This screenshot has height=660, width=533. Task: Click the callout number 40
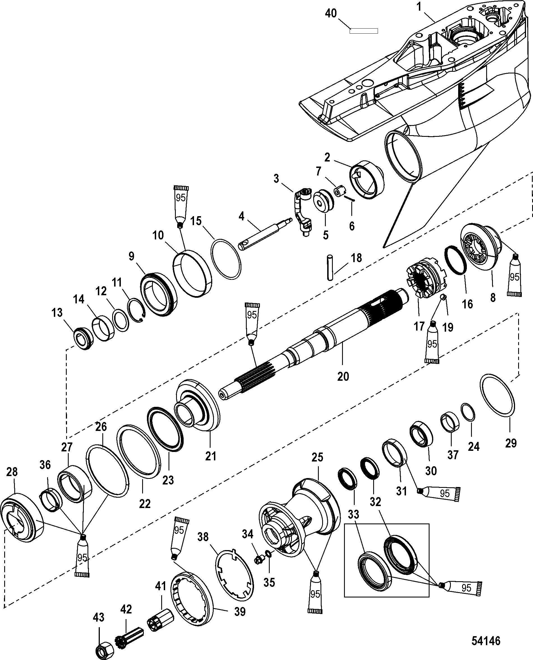pos(331,13)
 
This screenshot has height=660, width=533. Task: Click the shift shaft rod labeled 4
pos(264,232)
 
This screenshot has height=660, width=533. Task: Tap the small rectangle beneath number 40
pos(364,31)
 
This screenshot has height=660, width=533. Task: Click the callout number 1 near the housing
pos(419,7)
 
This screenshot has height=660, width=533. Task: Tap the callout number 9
pos(131,256)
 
